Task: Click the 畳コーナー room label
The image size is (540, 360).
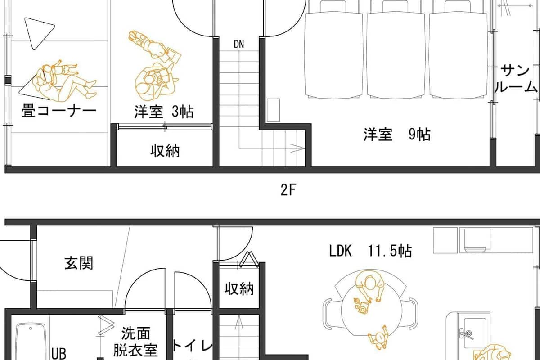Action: pos(59,111)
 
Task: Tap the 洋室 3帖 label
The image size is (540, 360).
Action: pos(164,112)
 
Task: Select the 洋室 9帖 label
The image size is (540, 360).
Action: pos(397,134)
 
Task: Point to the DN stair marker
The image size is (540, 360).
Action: pos(239,45)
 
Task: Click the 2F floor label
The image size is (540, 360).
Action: pos(288,190)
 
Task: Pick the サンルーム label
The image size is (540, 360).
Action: pos(516,79)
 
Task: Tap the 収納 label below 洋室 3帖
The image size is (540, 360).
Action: pos(165,151)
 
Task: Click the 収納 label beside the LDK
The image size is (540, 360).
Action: pos(239,288)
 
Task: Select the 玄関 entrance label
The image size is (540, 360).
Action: pos(79,263)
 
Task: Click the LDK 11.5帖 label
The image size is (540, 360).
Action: pos(370,251)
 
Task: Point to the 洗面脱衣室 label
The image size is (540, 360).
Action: pos(135,341)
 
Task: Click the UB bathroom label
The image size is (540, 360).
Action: pos(59,354)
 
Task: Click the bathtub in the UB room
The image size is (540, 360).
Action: pos(31,342)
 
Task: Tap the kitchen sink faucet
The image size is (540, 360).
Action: pos(465,334)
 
